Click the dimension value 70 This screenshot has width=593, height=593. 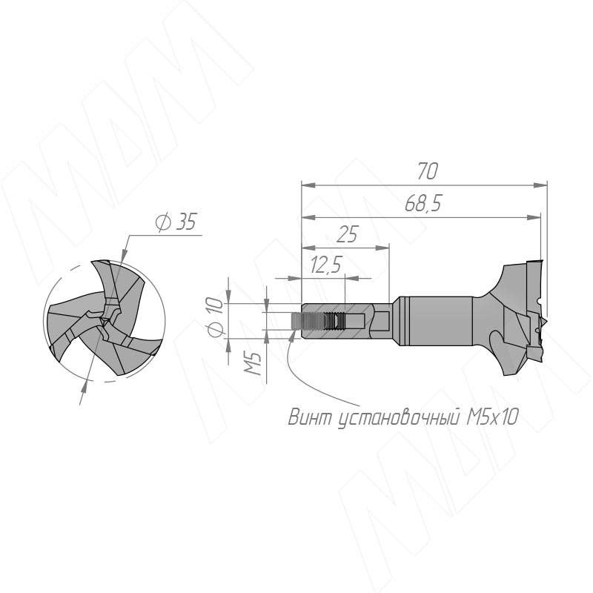[x=428, y=171]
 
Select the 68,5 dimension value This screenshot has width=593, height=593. [x=423, y=204]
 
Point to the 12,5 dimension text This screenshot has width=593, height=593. [x=325, y=265]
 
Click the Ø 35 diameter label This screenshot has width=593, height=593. [x=176, y=222]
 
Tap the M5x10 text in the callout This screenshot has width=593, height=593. [x=491, y=417]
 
